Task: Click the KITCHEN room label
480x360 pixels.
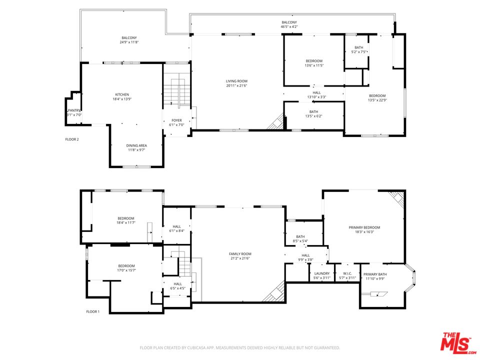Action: [x=122, y=94]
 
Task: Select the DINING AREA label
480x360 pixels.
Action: [x=136, y=145]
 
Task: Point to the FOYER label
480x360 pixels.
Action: [x=177, y=120]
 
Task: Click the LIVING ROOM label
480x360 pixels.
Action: [x=236, y=81]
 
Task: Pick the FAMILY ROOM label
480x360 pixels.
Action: [x=240, y=253]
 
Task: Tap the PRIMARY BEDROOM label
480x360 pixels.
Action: [x=364, y=227]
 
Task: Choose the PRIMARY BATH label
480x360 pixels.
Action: [x=374, y=274]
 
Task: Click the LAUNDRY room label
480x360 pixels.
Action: [x=321, y=273]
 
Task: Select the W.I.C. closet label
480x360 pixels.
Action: [x=347, y=273]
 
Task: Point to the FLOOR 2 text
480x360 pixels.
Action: [x=72, y=139]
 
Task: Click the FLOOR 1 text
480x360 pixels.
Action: [x=93, y=311]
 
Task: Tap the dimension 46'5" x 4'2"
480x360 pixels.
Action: [x=289, y=27]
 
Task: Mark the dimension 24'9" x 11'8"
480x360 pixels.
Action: [x=129, y=42]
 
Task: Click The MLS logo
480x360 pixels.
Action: [x=456, y=342]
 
